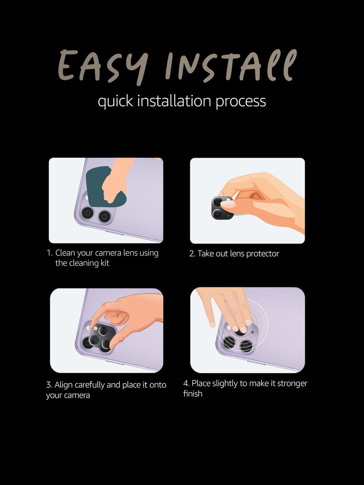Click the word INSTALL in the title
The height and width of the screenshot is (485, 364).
tap(231, 65)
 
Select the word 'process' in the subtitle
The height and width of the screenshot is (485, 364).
tap(241, 102)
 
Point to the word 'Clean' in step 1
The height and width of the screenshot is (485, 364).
tap(65, 253)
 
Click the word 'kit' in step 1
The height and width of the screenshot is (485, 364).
tap(105, 263)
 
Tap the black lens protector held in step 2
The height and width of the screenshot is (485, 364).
tap(222, 208)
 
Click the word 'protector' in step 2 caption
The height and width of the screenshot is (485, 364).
tap(263, 254)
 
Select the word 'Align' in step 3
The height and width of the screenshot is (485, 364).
tap(63, 385)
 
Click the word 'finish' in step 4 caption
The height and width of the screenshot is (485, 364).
tap(192, 394)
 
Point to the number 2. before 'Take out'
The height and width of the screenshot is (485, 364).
tap(192, 254)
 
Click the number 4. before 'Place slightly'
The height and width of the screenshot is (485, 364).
tap(186, 384)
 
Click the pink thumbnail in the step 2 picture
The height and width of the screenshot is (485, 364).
tap(227, 204)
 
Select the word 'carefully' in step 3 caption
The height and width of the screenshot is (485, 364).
tap(90, 385)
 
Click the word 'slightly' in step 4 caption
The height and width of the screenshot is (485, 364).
tap(220, 384)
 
